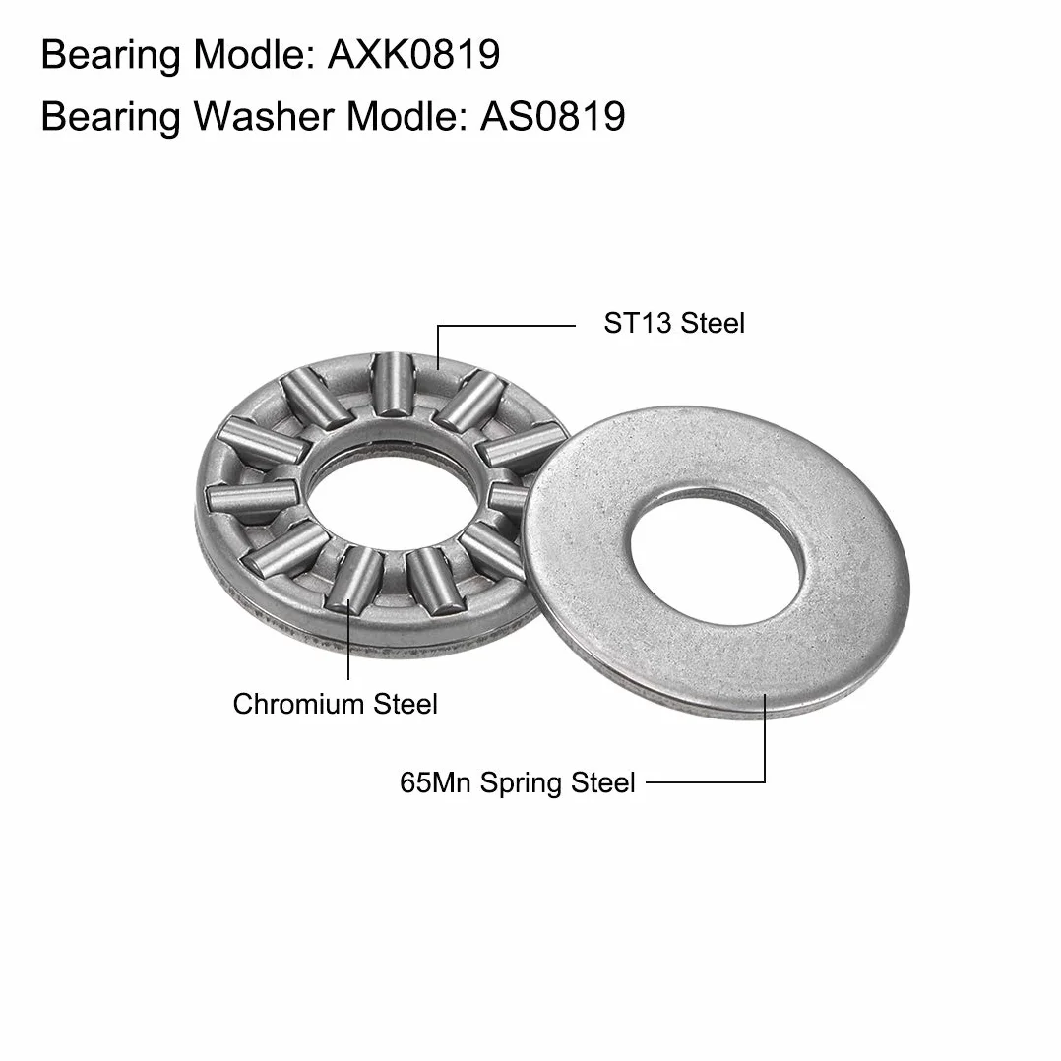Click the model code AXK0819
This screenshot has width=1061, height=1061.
pyautogui.click(x=414, y=54)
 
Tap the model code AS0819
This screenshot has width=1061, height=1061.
pyautogui.click(x=553, y=116)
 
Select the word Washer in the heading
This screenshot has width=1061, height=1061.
pyautogui.click(x=265, y=116)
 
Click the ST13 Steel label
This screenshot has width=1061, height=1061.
pyautogui.click(x=674, y=323)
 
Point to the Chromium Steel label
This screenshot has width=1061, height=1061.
pyautogui.click(x=335, y=704)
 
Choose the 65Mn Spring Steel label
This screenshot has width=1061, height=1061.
pyautogui.click(x=517, y=782)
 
